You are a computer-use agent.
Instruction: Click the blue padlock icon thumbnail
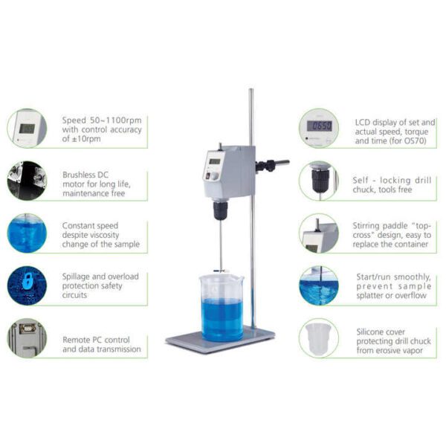[27, 285]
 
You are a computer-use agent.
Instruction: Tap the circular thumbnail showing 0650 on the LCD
[319, 128]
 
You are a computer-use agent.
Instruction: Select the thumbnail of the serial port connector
[27, 338]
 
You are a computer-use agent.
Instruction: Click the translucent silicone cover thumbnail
[319, 338]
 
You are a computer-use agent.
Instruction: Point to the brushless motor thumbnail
[27, 181]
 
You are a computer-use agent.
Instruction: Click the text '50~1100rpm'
[116, 120]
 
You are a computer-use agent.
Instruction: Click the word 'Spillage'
[76, 277]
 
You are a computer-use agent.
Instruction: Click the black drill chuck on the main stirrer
[221, 210]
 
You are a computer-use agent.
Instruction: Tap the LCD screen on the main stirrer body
[215, 161]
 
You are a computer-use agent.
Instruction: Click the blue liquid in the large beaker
[222, 320]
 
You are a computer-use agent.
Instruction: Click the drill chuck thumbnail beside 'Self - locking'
[319, 181]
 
